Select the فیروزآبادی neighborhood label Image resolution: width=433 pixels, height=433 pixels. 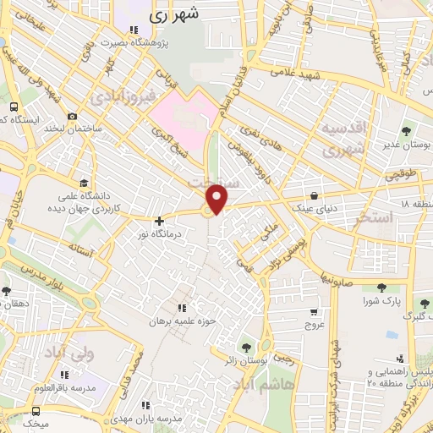tap(125, 93)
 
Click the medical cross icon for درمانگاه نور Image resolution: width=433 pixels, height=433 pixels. tap(158, 221)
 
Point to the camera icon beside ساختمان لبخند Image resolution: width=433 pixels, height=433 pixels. tap(72, 116)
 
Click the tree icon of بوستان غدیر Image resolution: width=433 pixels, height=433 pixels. tap(407, 131)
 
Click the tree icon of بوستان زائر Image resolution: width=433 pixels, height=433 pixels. tap(246, 346)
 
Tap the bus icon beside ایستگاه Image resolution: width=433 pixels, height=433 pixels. tap(14, 107)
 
